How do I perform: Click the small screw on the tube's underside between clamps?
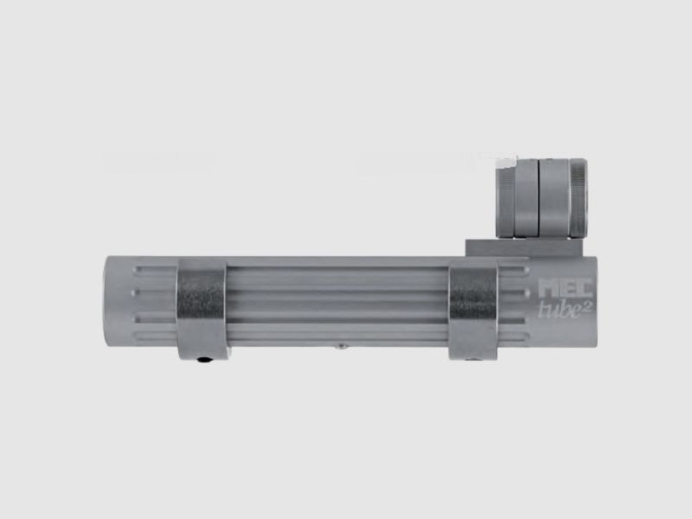point(342,345)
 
